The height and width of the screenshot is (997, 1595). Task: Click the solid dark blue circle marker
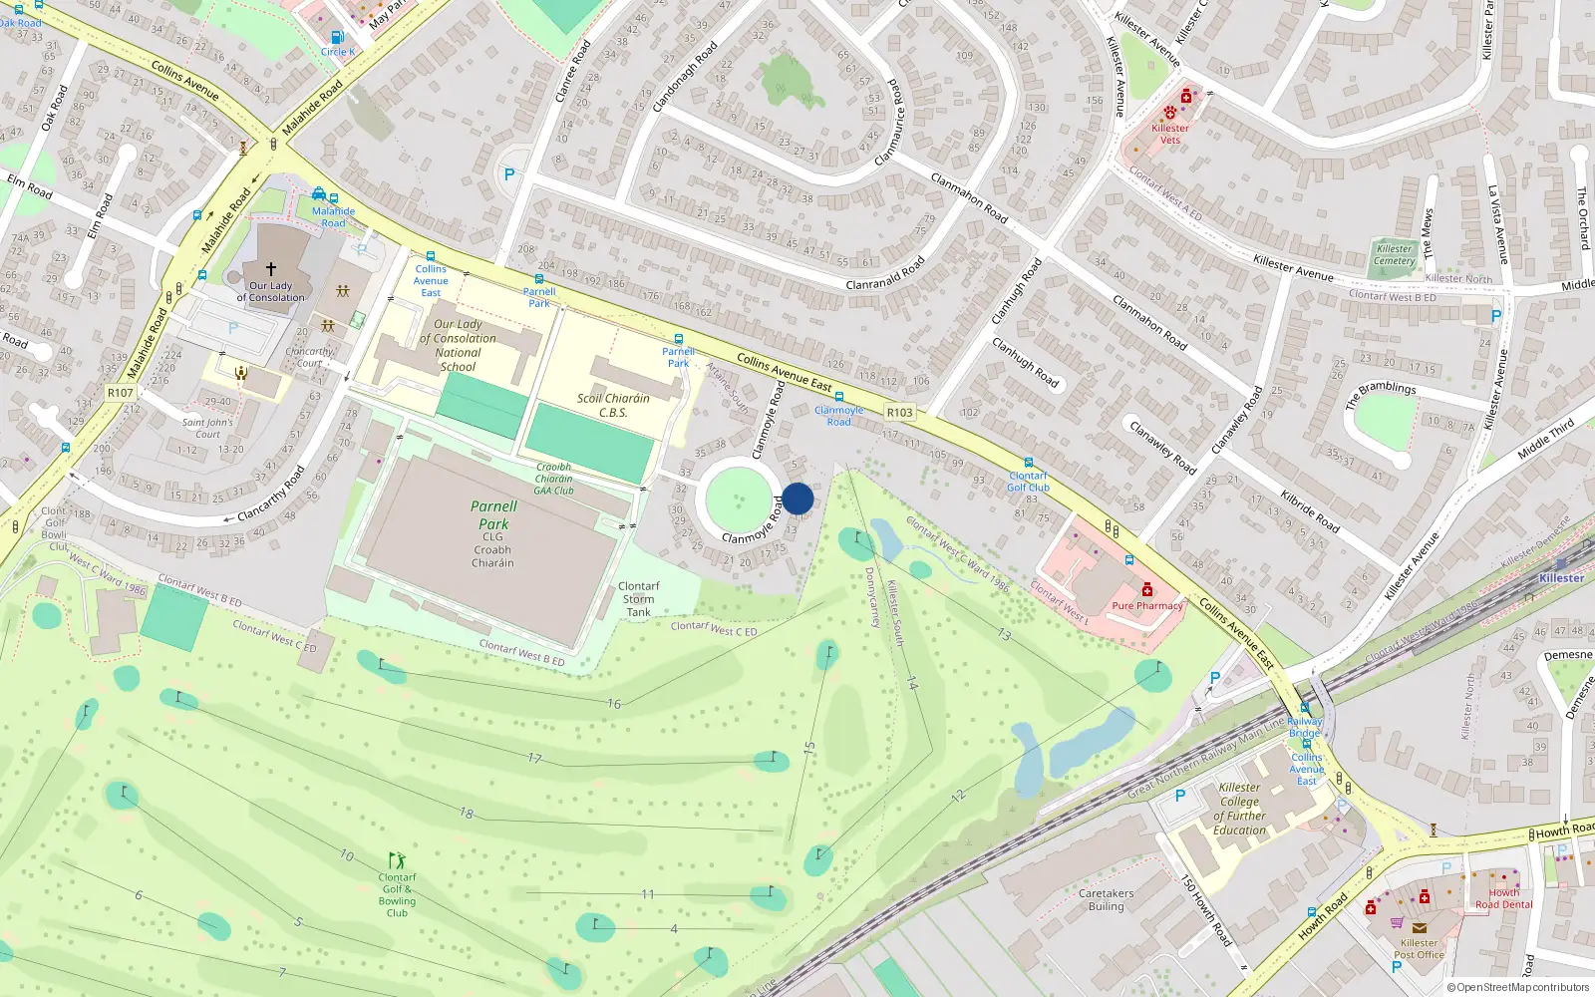point(797,498)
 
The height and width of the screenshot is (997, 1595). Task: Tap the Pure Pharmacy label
point(1147,605)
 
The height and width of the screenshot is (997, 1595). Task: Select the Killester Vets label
point(1169,134)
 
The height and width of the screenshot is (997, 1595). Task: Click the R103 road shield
point(899,412)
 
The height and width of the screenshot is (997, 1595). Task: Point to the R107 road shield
point(121,393)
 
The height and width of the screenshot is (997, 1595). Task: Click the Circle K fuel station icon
point(337,38)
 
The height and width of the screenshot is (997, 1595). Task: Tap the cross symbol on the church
point(270,269)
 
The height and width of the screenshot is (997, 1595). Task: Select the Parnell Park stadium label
point(493,514)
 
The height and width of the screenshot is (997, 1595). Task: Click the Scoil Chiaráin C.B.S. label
point(613,405)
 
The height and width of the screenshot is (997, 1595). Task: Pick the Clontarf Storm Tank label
point(638,599)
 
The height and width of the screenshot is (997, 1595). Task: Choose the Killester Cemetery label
point(1394,255)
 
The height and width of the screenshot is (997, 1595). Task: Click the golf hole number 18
point(467,813)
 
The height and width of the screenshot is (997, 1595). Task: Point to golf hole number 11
point(648,894)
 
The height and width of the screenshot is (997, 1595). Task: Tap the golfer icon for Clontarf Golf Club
point(397,860)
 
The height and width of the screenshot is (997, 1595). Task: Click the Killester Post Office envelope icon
point(1419,927)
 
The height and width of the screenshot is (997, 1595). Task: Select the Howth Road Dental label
point(1503,898)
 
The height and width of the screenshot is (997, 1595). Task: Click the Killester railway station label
point(1561,578)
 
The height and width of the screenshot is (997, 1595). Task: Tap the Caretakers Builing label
point(1106,899)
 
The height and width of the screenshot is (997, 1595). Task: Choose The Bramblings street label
point(1381,395)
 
